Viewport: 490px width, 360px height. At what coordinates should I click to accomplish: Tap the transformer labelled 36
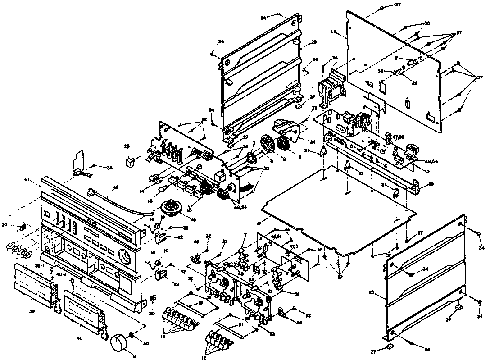pos(331,86)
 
